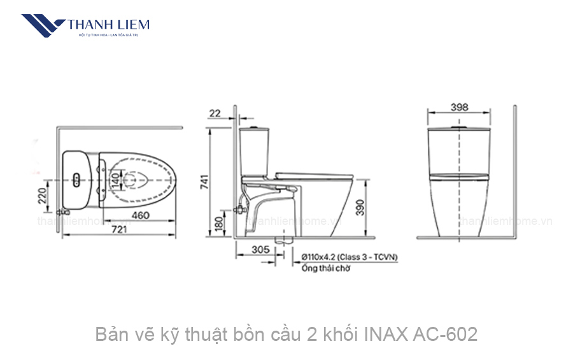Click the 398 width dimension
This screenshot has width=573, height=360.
459,107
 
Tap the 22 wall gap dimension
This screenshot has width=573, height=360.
215,113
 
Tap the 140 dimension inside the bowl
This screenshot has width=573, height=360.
115,181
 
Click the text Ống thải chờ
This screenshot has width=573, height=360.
326,268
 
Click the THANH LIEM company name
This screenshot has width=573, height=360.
108,24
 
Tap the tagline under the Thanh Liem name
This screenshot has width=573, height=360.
108,34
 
